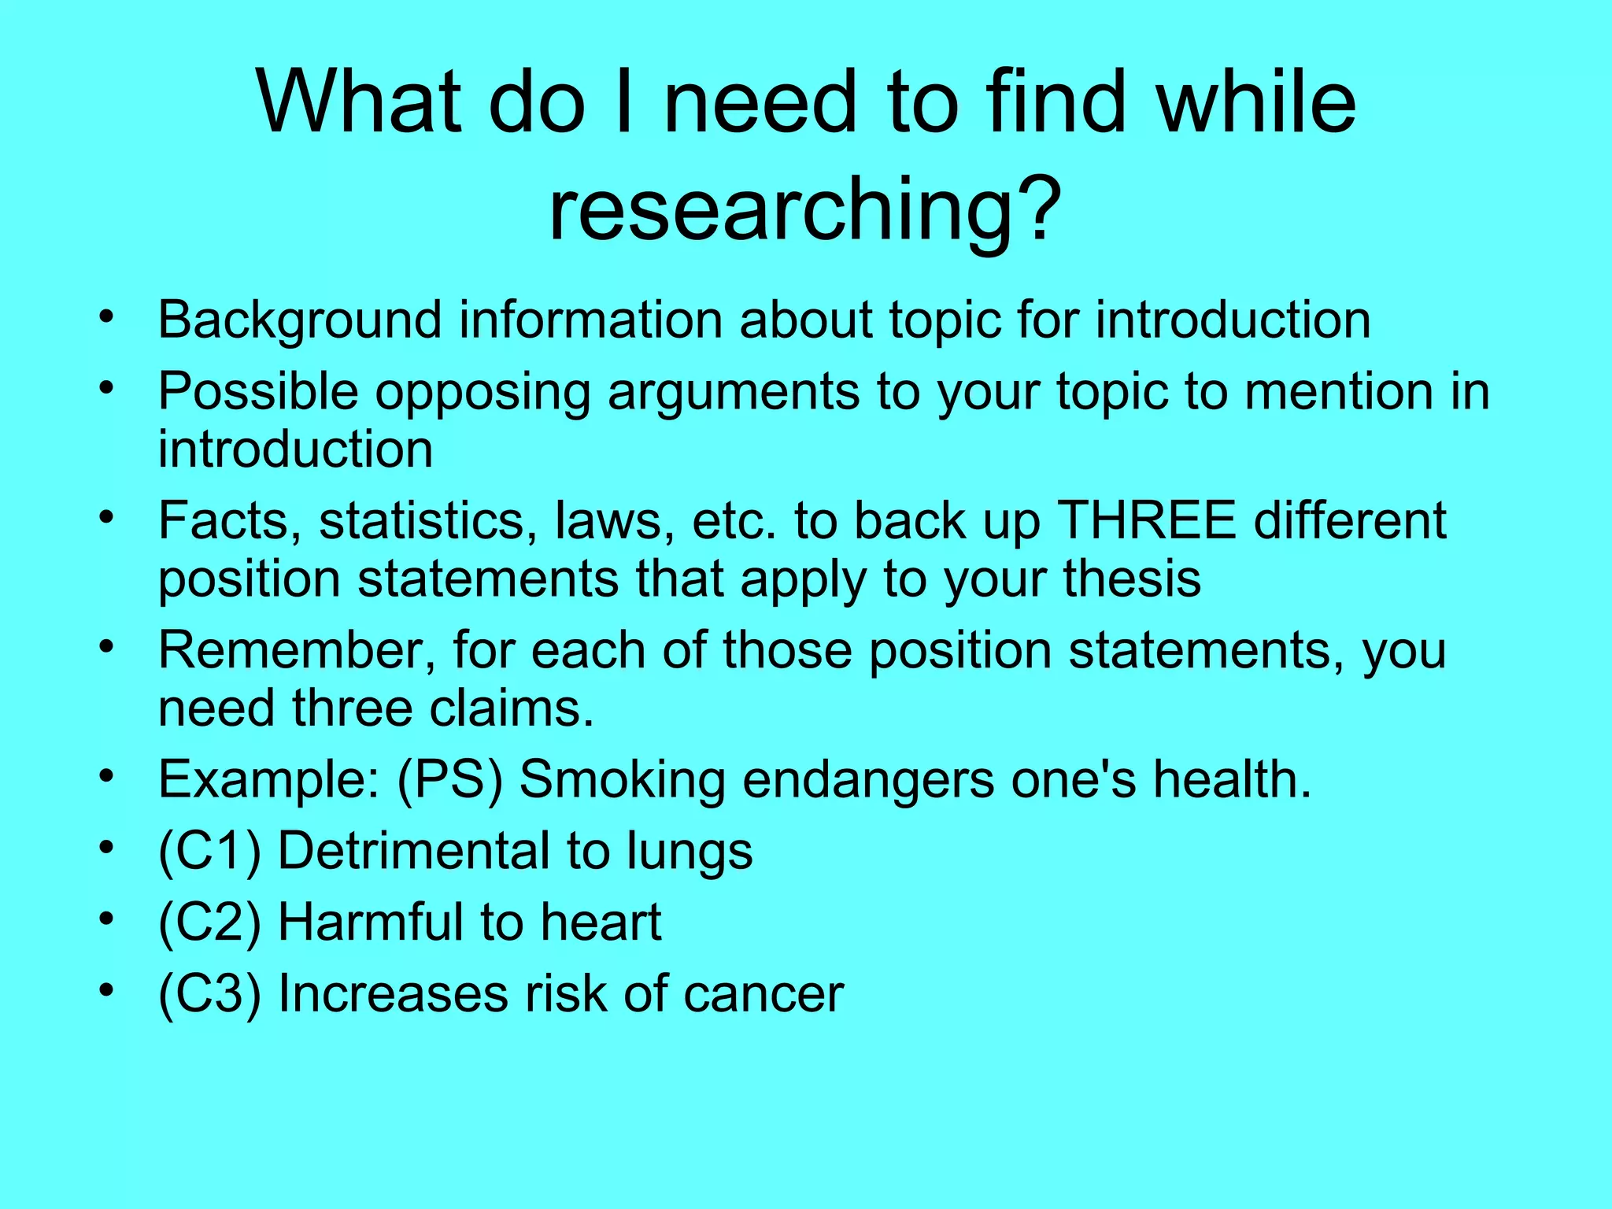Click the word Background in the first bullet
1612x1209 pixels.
(x=300, y=321)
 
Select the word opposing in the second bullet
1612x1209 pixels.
(x=482, y=392)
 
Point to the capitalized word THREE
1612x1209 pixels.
(x=1146, y=520)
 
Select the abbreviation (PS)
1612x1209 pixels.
(x=449, y=780)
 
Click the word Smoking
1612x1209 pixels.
(x=622, y=780)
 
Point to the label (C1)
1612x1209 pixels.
(x=209, y=852)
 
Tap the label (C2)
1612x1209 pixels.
(x=209, y=922)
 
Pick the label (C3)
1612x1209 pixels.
(x=209, y=994)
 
